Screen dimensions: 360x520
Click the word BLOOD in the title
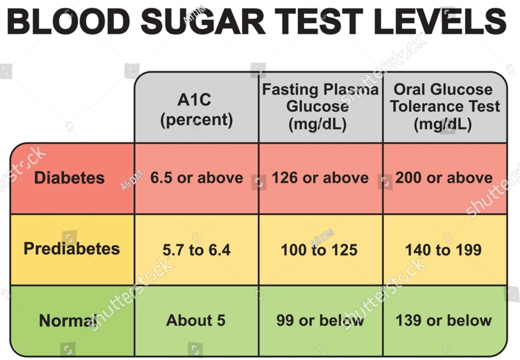click(x=69, y=22)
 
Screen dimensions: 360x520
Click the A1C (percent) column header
click(x=196, y=110)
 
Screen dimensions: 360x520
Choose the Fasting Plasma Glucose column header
click(x=320, y=107)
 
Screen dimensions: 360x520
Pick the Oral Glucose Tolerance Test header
click(x=444, y=107)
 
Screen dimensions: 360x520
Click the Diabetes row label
click(x=69, y=178)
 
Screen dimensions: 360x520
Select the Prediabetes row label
click(x=72, y=249)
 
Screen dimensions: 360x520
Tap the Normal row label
click(x=68, y=320)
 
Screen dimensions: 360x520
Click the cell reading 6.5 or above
click(x=196, y=178)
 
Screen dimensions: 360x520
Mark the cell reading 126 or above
click(x=320, y=178)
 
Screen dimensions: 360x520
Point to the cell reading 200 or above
click(x=444, y=178)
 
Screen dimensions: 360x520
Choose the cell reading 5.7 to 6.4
click(x=196, y=250)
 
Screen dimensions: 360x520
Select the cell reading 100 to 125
click(x=319, y=250)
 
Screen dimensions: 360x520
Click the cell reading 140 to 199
click(x=443, y=250)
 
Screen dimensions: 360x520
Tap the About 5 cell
click(x=196, y=320)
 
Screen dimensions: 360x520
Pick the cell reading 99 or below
click(x=320, y=320)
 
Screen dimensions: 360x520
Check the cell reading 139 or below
click(x=444, y=320)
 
